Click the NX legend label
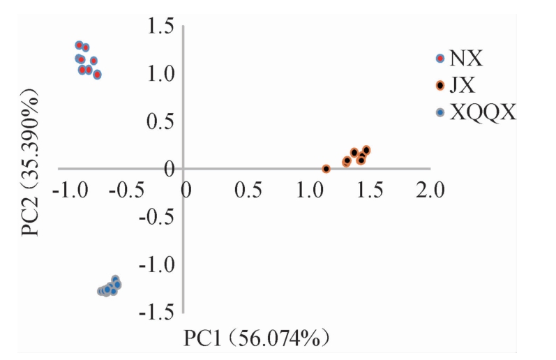click(467, 59)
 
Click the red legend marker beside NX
click(439, 59)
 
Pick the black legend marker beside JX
click(439, 86)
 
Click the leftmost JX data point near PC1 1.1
click(326, 169)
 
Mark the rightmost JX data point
click(366, 150)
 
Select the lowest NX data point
click(97, 75)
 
